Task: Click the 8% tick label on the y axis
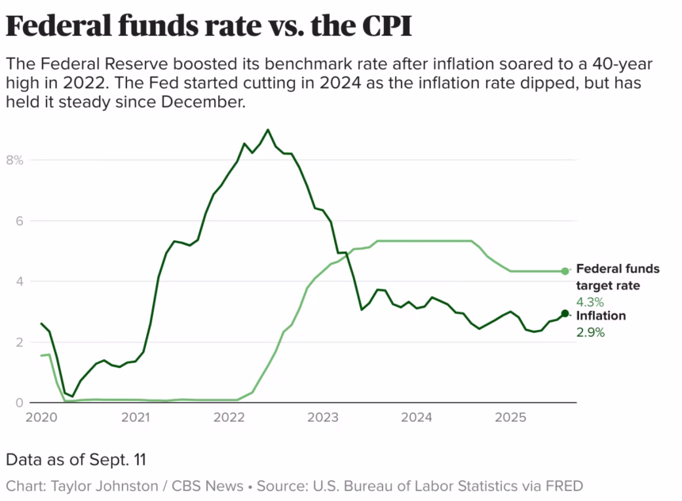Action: pyautogui.click(x=16, y=160)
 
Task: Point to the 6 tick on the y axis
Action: pyautogui.click(x=19, y=221)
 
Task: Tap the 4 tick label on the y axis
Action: pyautogui.click(x=19, y=281)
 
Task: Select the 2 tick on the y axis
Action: pyautogui.click(x=19, y=342)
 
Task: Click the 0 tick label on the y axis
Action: pyautogui.click(x=19, y=403)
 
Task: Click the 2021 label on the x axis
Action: pyautogui.click(x=136, y=417)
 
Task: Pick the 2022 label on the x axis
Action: pyautogui.click(x=229, y=417)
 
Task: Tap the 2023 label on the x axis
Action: pyautogui.click(x=323, y=417)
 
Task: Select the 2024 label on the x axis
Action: pyautogui.click(x=417, y=417)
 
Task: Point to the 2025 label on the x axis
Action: pyautogui.click(x=511, y=417)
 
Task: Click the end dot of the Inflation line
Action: pyautogui.click(x=565, y=314)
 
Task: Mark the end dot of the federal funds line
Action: pyautogui.click(x=565, y=271)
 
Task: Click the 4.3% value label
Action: pyautogui.click(x=590, y=302)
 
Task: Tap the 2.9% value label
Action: pyautogui.click(x=590, y=333)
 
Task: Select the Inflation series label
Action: pyautogui.click(x=600, y=316)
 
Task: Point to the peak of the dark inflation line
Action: pyautogui.click(x=268, y=129)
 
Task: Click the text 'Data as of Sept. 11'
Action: pyautogui.click(x=76, y=460)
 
